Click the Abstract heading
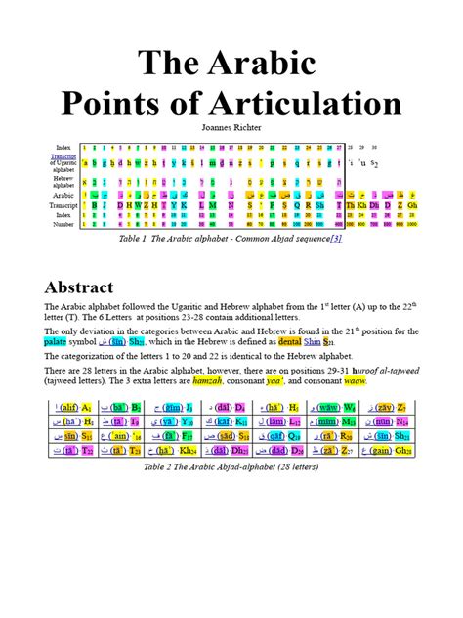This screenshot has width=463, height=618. pyautogui.click(x=79, y=287)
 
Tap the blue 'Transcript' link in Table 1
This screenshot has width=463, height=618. pyautogui.click(x=64, y=155)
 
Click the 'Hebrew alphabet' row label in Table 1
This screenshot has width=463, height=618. pyautogui.click(x=63, y=181)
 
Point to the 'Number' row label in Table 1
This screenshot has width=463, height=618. pyautogui.click(x=63, y=224)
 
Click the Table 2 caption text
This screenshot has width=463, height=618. pyautogui.click(x=231, y=467)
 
